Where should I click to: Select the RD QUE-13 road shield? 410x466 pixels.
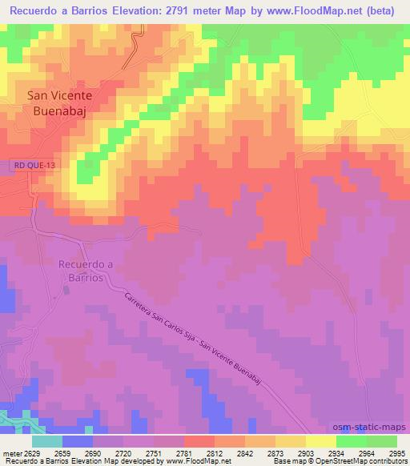(x=34, y=165)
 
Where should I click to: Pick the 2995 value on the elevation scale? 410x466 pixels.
(x=398, y=453)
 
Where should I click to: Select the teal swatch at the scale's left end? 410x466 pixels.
(x=47, y=441)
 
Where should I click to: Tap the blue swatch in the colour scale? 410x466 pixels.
(x=78, y=441)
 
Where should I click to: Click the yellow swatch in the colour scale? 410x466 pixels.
(x=320, y=441)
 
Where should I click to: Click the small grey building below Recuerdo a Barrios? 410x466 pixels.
(x=66, y=289)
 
